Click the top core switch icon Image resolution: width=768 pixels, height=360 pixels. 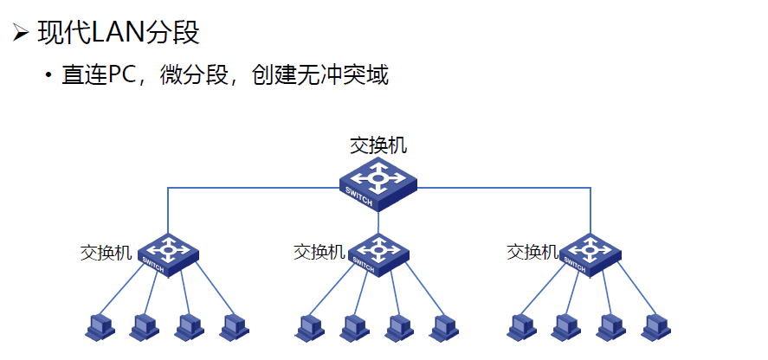click(x=378, y=183)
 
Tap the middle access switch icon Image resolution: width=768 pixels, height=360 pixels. click(x=378, y=253)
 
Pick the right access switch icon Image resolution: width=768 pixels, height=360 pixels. click(x=591, y=253)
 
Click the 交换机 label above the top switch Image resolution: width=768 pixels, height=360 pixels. click(x=378, y=145)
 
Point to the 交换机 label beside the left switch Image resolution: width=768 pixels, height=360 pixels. click(x=106, y=253)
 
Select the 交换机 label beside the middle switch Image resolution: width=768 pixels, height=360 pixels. click(x=319, y=252)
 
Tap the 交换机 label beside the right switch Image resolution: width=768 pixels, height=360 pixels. click(x=532, y=252)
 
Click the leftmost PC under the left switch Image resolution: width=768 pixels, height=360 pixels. click(x=99, y=326)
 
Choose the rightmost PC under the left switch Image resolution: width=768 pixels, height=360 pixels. click(x=234, y=326)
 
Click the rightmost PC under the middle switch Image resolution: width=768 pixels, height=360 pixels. click(x=444, y=326)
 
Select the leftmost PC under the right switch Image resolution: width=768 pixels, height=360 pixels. click(x=521, y=326)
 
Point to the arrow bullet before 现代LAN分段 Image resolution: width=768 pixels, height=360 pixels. click(x=20, y=34)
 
